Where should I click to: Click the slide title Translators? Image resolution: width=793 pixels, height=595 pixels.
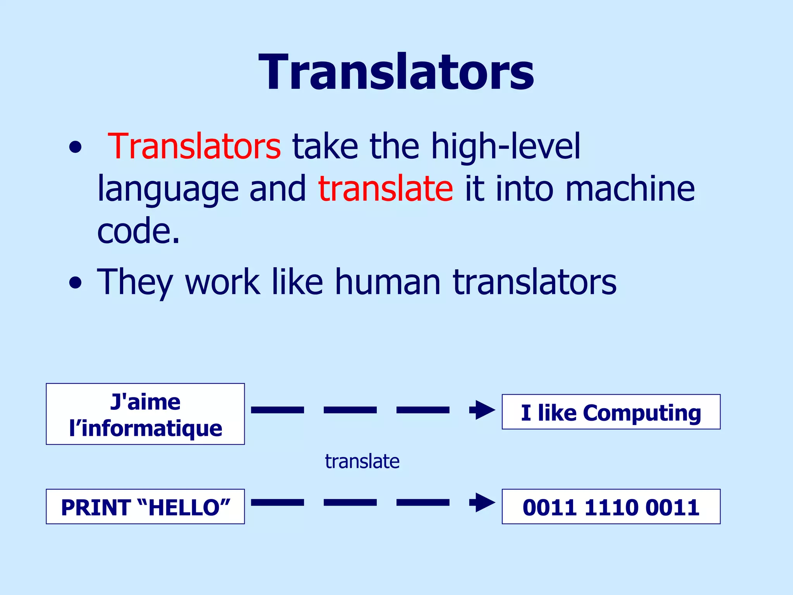point(396,73)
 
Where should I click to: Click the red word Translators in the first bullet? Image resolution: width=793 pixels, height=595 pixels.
point(194,146)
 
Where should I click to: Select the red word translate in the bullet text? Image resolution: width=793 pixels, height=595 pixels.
point(385,189)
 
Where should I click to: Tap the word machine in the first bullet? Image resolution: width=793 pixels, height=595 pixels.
point(630,189)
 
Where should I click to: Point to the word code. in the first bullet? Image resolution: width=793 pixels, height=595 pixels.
point(138,231)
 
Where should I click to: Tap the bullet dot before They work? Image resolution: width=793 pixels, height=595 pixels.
point(76,283)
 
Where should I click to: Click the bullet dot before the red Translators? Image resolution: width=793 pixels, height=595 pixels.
point(76,148)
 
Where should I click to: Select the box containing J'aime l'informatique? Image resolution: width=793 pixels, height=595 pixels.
point(145,414)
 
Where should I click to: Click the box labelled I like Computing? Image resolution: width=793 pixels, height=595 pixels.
point(611,412)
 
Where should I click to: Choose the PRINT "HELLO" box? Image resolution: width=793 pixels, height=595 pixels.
point(145,507)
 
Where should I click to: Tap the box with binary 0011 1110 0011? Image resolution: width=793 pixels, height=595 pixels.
point(611,507)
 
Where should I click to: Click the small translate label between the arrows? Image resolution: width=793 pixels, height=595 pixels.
point(362,461)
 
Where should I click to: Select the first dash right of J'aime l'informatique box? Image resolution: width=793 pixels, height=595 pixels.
point(277,410)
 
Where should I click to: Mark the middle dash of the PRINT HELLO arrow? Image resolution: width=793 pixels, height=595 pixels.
point(350,503)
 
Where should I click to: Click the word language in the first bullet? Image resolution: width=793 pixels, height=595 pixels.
point(168,189)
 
